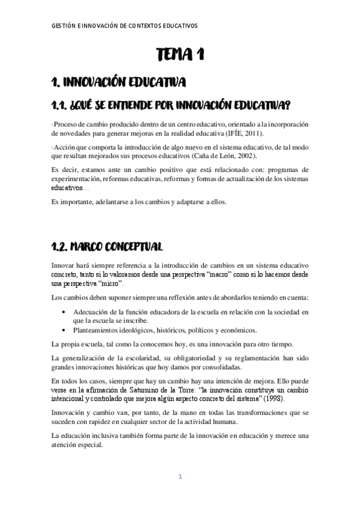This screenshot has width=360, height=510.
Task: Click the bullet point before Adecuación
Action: (x=64, y=313)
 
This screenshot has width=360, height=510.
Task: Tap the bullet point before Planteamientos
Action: (x=64, y=330)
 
